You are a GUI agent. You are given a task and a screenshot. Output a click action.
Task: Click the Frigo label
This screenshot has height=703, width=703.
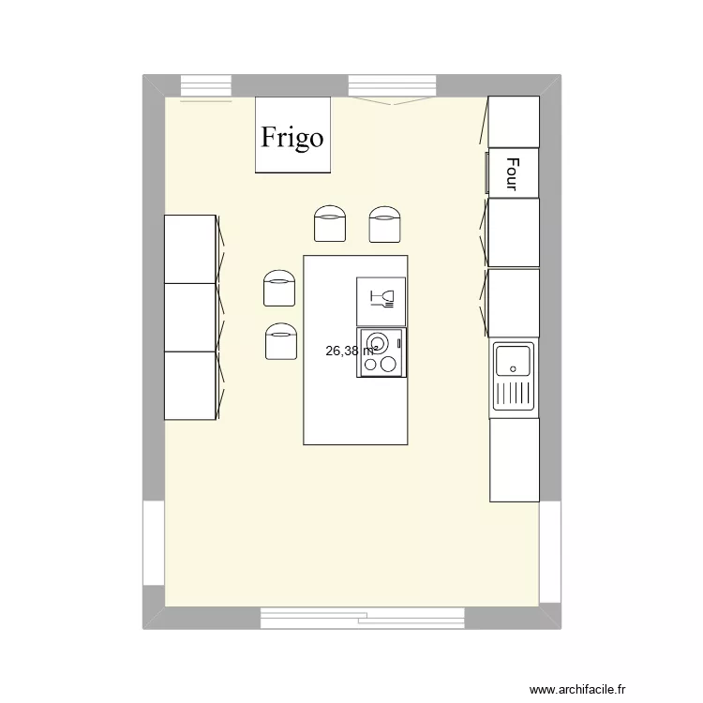(292, 138)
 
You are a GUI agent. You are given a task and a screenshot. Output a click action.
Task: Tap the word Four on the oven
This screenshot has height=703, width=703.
(512, 173)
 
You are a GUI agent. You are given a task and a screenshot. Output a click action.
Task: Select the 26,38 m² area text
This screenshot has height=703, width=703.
(351, 351)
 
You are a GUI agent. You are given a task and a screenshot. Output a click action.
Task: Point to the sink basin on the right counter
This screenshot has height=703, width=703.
(513, 360)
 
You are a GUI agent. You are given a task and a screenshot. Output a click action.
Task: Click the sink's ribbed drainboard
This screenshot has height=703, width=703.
(513, 394)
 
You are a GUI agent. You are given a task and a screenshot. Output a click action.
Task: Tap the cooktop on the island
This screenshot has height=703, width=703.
(381, 352)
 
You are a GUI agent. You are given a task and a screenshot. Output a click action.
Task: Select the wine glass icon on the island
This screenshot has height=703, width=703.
(381, 300)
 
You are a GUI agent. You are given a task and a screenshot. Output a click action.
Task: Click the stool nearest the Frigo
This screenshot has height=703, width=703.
(329, 225)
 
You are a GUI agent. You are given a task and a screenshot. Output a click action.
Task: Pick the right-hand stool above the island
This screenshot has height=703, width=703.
(385, 225)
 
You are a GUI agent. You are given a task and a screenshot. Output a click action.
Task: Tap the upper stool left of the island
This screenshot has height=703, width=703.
(279, 289)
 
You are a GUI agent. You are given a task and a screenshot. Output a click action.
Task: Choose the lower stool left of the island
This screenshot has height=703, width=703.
(280, 340)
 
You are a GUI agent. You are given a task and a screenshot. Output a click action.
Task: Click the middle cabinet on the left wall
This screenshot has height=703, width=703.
(191, 317)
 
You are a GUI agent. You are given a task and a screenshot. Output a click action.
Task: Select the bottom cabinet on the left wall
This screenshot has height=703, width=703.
(191, 385)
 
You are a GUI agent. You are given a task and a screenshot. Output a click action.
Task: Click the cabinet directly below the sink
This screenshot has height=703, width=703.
(515, 459)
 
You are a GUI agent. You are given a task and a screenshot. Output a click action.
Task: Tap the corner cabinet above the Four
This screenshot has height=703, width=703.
(515, 122)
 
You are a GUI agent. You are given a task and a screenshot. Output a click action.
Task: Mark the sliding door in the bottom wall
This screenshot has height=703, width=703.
(363, 618)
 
